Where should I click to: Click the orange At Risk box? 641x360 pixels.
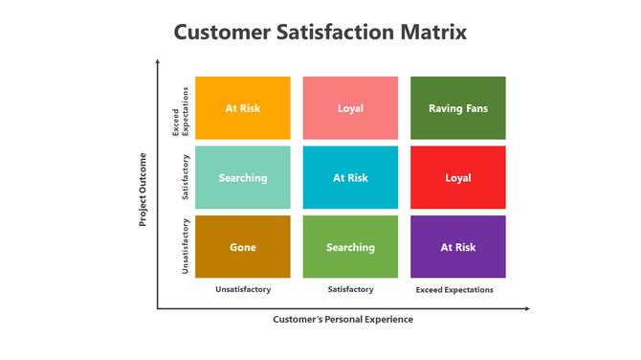click(242, 108)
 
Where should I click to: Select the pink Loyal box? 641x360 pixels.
click(350, 108)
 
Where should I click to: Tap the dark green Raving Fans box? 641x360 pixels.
click(458, 108)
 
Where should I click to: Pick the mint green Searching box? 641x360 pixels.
click(242, 177)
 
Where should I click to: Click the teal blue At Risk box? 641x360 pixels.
click(350, 177)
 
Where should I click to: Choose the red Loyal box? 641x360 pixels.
click(458, 177)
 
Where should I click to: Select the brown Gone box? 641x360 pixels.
click(242, 247)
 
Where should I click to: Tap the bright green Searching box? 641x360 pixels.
click(350, 247)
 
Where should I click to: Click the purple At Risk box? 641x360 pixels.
click(458, 247)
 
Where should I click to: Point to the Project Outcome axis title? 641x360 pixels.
click(143, 189)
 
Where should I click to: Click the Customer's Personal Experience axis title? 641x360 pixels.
click(343, 319)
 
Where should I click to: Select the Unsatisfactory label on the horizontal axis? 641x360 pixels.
click(243, 289)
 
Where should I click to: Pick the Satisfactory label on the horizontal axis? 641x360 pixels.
click(350, 289)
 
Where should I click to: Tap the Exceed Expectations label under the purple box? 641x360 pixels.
click(454, 289)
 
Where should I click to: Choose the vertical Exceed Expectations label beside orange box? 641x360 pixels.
click(181, 109)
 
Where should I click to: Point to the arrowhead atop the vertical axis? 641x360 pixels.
click(158, 61)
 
